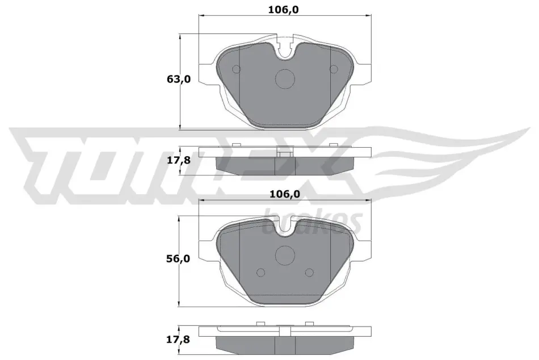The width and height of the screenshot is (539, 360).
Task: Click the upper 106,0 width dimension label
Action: pos(283,10)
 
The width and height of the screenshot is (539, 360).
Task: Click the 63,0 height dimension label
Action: pos(178,79)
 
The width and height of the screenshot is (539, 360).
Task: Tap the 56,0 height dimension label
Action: pos(178,258)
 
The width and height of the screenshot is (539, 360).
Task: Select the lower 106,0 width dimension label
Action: pos(284,194)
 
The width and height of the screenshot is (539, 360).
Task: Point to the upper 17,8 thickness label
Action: pos(178,160)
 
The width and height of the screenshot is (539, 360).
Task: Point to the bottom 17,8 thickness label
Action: pos(178,340)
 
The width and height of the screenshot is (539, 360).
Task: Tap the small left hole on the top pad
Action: pos(237,69)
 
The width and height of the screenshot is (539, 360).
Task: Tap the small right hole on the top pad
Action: pos(334,69)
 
